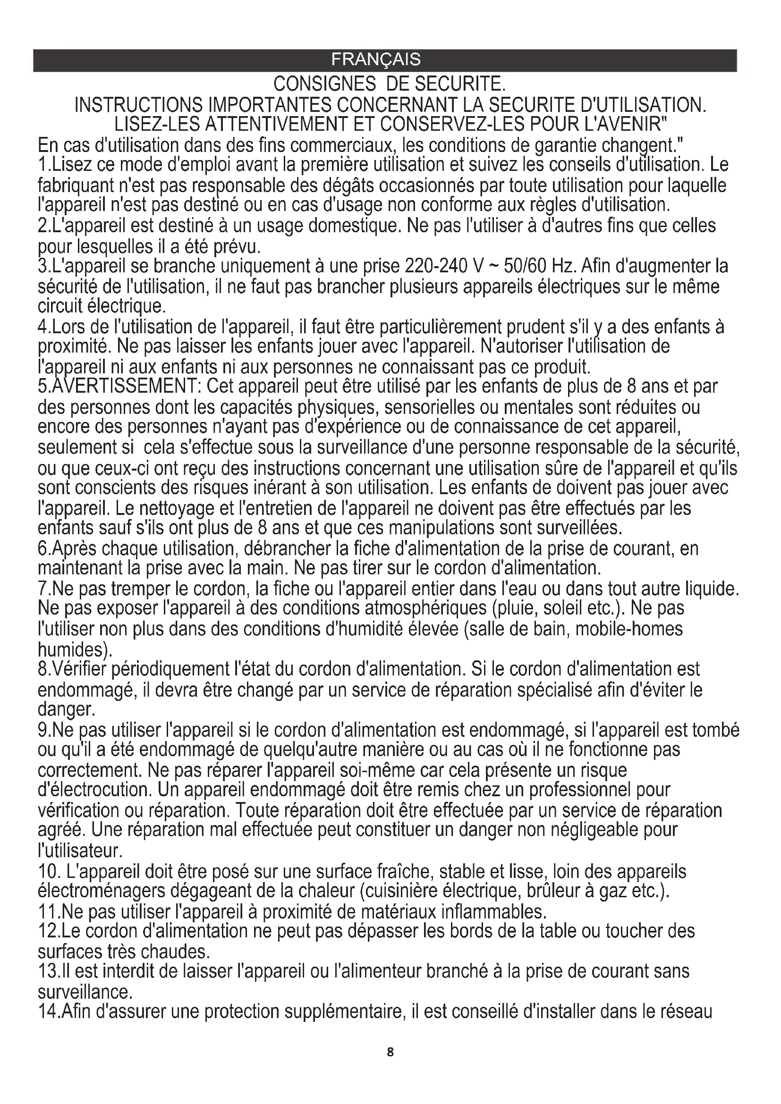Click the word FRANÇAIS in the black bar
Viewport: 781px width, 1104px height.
(375, 59)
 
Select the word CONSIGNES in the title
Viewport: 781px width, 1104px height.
(324, 84)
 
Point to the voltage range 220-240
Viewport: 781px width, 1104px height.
(435, 266)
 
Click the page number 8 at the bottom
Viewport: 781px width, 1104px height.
(390, 1052)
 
